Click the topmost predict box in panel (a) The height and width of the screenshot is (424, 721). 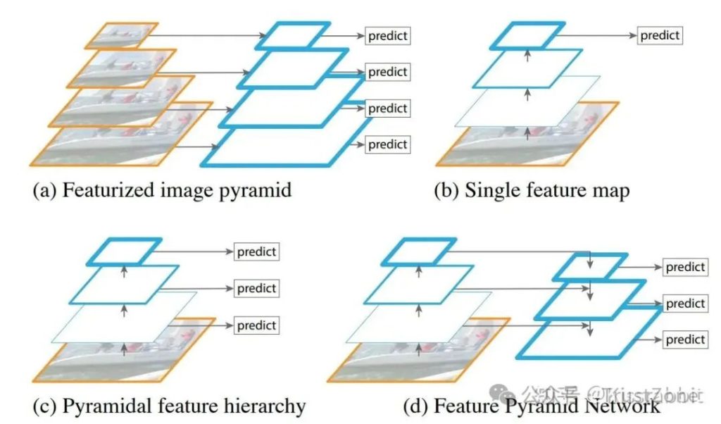pos(387,35)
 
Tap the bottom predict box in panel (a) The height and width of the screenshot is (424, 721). pos(387,144)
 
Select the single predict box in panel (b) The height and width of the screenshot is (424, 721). pos(660,35)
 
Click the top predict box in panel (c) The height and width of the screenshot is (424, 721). pos(256,251)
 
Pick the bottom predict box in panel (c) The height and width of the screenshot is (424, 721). pos(256,325)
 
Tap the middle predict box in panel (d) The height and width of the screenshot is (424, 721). pos(685,304)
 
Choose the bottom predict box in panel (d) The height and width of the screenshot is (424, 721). pos(685,339)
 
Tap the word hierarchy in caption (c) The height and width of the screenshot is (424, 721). pos(266,406)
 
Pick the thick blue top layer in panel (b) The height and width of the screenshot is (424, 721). pos(527,35)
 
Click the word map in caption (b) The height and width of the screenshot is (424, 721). pos(611,191)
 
